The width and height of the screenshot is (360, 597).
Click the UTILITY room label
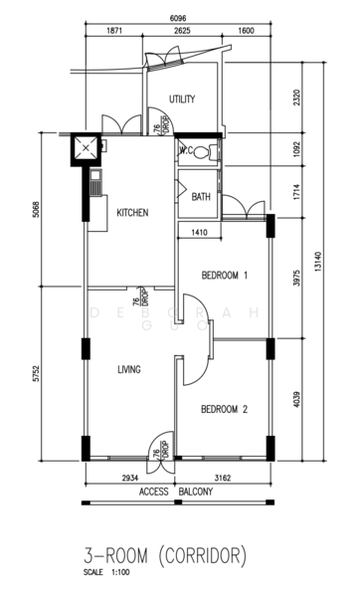181,99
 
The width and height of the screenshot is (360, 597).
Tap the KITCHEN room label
132,213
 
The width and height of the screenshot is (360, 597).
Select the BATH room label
201,197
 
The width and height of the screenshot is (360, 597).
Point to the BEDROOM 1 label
224,275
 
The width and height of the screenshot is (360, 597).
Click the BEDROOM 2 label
224,409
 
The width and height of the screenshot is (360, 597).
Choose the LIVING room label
128,369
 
